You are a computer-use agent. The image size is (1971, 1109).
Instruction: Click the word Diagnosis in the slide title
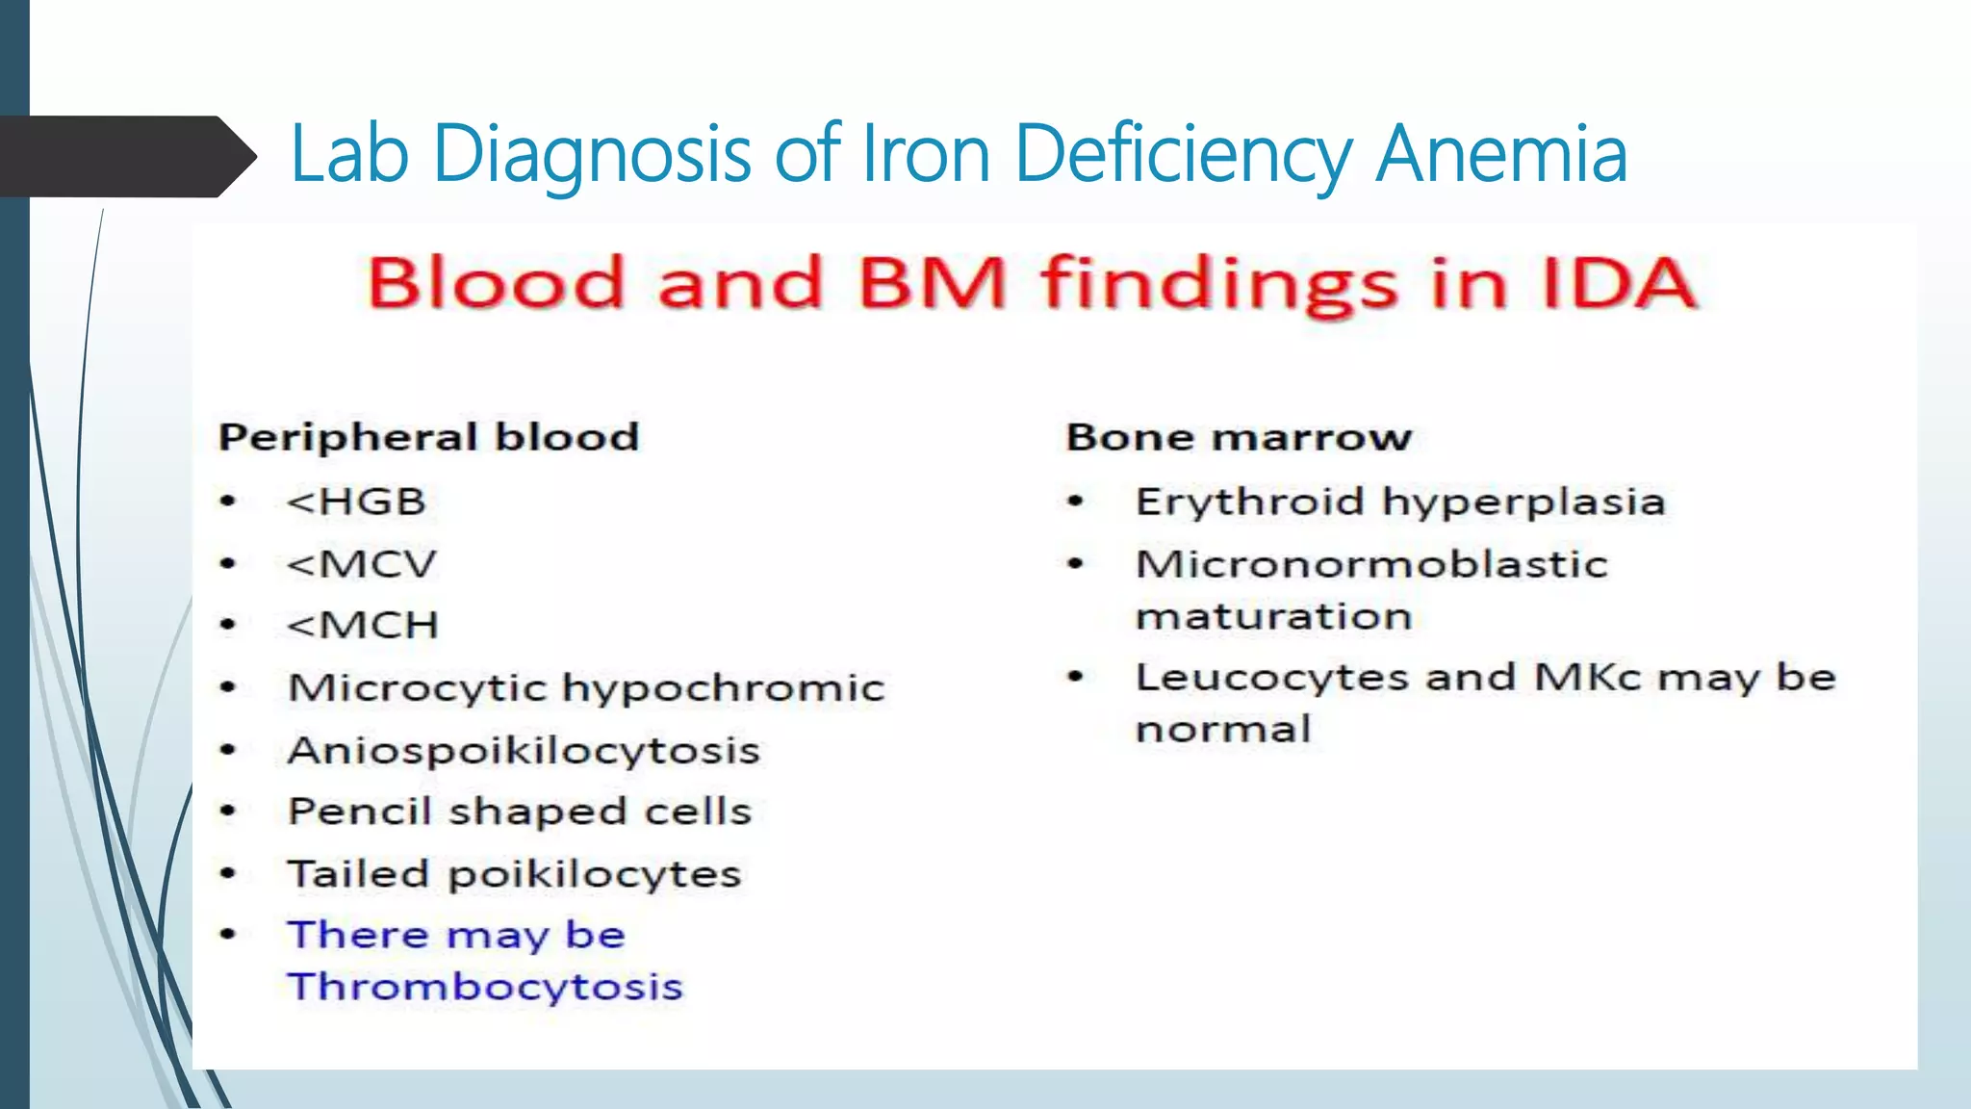(x=591, y=154)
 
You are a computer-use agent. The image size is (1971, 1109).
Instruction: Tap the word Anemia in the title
(x=1500, y=154)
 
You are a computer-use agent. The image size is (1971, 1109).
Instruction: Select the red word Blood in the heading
(x=496, y=283)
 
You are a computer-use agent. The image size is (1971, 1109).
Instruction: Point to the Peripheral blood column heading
(x=428, y=437)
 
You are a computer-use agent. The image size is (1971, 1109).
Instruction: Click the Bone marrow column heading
(x=1239, y=437)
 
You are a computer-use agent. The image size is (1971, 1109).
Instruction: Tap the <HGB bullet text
(x=356, y=502)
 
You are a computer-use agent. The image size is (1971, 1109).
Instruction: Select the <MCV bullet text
(x=362, y=564)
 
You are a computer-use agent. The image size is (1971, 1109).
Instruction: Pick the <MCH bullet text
(x=363, y=626)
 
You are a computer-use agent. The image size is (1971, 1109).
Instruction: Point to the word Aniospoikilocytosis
(x=524, y=750)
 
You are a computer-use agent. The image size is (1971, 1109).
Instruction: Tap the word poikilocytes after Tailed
(x=595, y=874)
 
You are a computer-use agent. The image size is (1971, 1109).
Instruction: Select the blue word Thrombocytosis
(x=485, y=987)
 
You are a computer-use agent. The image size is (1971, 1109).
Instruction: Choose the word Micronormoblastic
(x=1371, y=564)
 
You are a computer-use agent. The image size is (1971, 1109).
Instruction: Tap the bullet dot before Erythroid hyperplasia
(x=1076, y=501)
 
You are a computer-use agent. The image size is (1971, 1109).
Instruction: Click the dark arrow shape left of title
(x=125, y=156)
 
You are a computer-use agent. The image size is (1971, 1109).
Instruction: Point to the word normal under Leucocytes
(x=1223, y=729)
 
